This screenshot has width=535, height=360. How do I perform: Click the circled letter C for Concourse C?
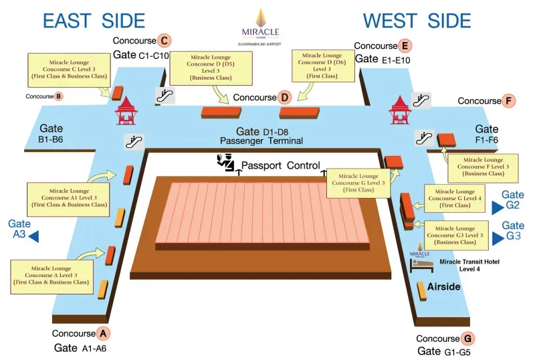click(x=163, y=40)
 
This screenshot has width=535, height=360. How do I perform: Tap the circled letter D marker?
click(x=285, y=98)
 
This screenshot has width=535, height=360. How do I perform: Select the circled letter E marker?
click(x=404, y=46)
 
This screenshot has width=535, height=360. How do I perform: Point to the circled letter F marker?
click(x=510, y=101)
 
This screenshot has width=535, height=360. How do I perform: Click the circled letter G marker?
click(x=467, y=339)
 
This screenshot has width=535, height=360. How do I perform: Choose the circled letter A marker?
click(x=102, y=333)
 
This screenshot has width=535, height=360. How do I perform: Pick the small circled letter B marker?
click(x=59, y=96)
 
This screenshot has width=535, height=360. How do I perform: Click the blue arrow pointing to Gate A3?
click(x=33, y=236)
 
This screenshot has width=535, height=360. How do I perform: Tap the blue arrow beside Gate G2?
click(x=497, y=207)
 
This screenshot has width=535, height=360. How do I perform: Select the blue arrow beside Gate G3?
click(x=497, y=238)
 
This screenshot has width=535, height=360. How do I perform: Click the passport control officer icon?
click(x=225, y=161)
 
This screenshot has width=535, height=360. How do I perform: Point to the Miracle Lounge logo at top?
click(x=261, y=23)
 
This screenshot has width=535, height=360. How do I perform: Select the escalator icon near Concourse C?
click(x=165, y=96)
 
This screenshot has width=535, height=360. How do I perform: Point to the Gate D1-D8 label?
click(x=261, y=131)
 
